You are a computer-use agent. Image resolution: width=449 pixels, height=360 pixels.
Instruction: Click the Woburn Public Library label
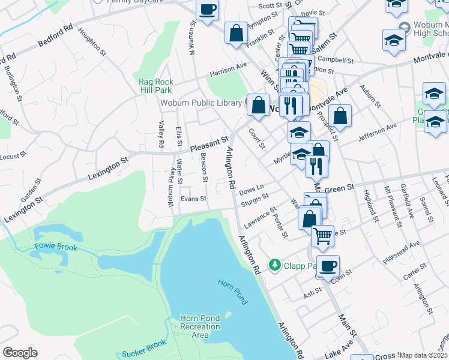coord(200,103)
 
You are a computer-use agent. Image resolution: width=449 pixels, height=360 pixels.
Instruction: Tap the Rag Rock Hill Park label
coord(156,86)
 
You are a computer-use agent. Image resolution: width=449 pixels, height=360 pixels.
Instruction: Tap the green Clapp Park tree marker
coord(275,264)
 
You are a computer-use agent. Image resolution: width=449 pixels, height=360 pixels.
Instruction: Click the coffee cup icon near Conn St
coord(328,266)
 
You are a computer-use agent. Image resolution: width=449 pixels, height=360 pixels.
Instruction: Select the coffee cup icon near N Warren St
coord(208,9)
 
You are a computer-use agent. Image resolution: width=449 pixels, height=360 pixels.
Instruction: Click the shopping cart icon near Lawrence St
coord(323,236)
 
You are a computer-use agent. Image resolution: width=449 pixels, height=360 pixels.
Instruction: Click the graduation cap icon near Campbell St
coord(394,40)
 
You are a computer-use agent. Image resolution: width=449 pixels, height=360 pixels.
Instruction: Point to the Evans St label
coord(193,199)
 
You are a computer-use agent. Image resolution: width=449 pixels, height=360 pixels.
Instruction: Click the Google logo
coord(20,352)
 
